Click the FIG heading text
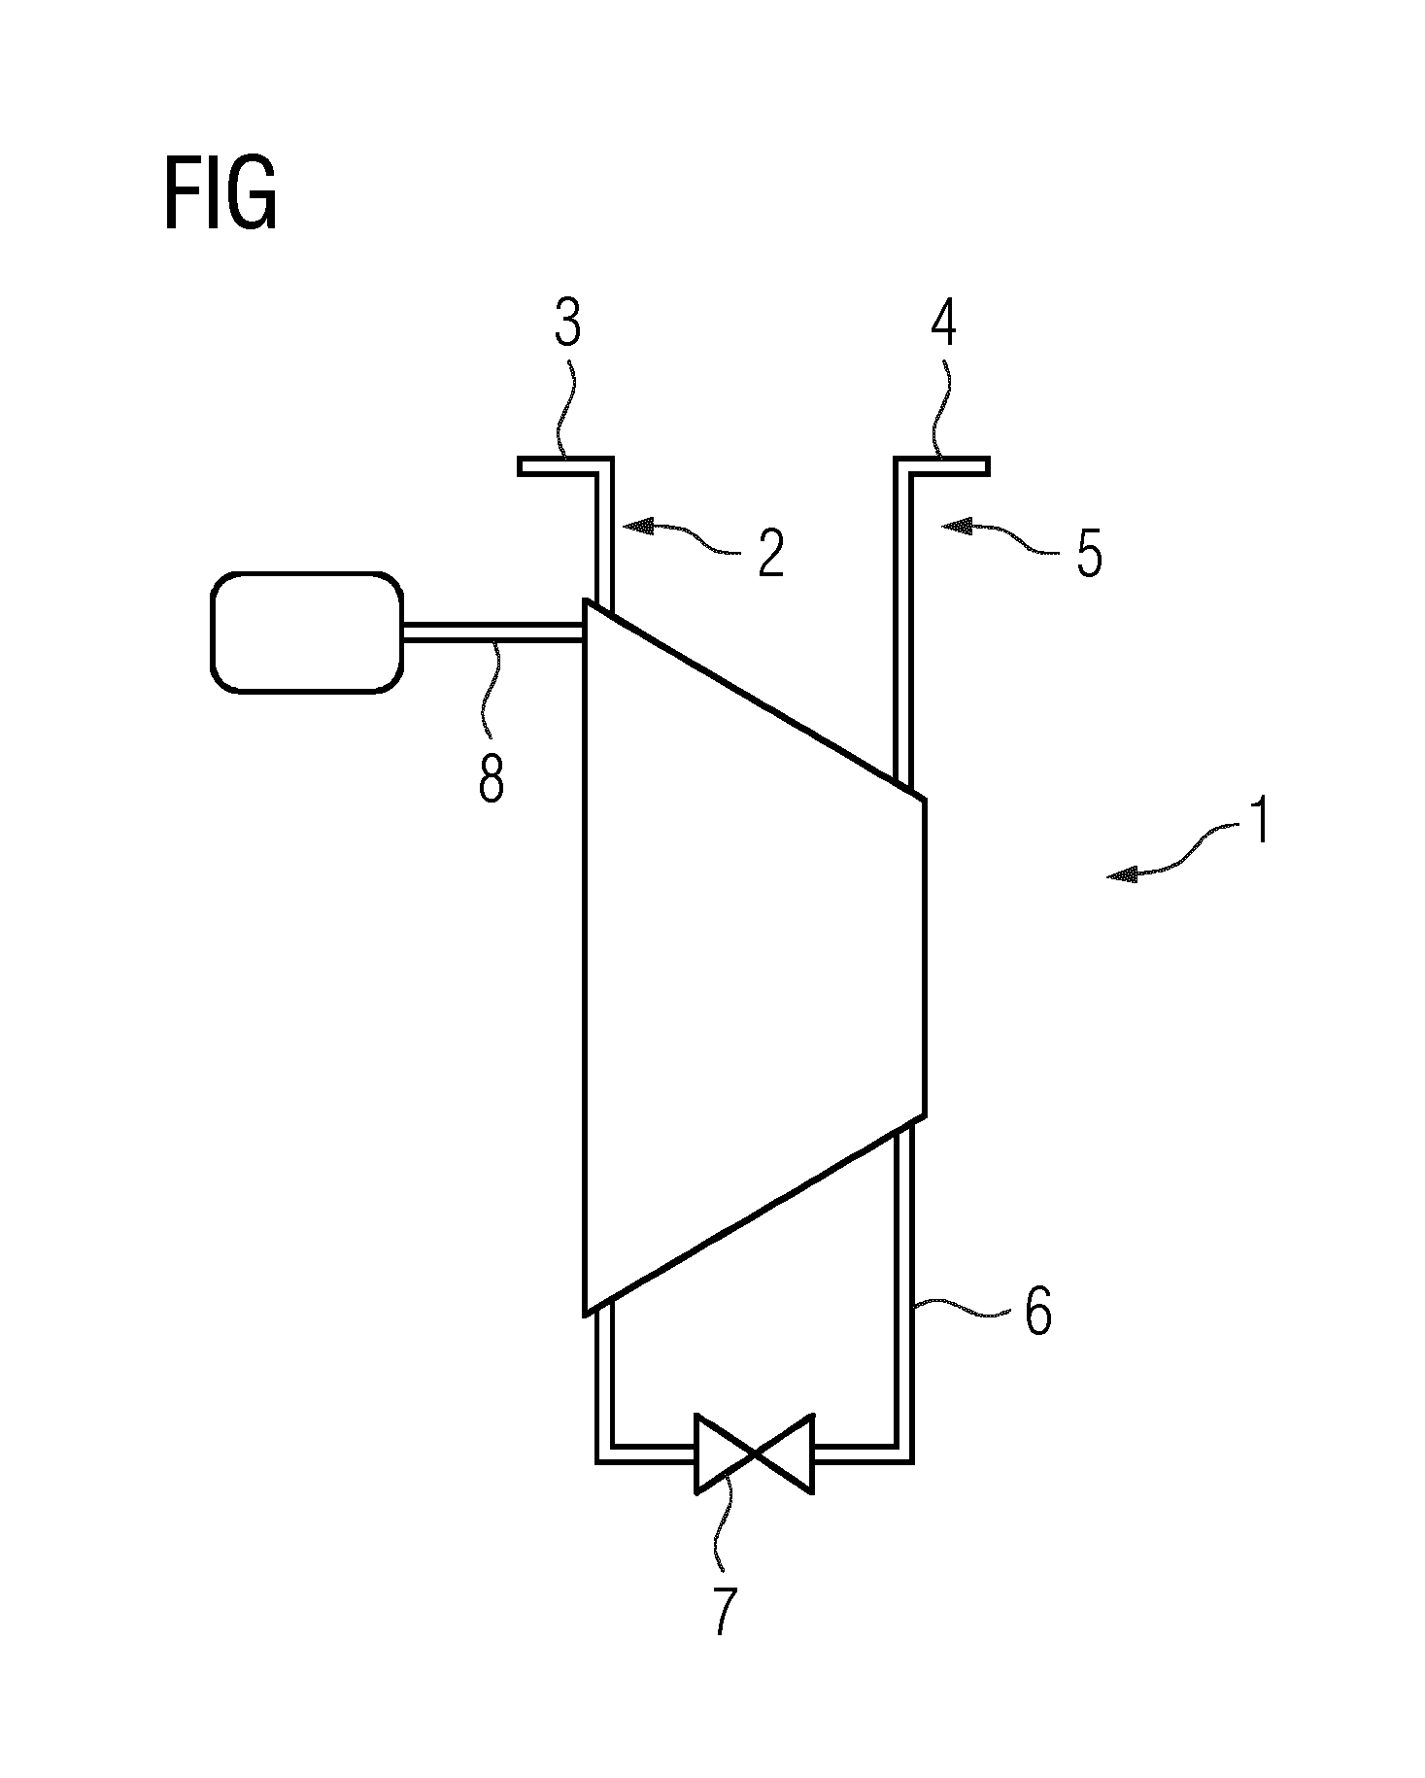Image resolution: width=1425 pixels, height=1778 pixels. [221, 195]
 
